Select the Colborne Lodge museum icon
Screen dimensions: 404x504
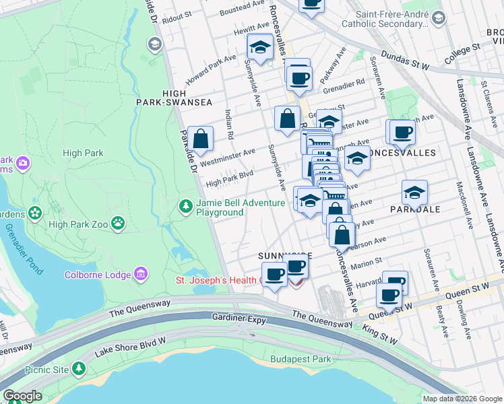(x=140, y=273)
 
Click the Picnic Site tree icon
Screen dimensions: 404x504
(x=80, y=368)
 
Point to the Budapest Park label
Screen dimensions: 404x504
(x=301, y=359)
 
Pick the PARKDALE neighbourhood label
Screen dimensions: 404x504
(x=415, y=209)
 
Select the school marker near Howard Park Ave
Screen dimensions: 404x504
(x=259, y=46)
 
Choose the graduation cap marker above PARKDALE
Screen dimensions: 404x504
(x=414, y=192)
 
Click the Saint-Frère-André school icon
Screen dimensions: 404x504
(x=439, y=18)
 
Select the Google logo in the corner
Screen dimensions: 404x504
(x=22, y=396)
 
